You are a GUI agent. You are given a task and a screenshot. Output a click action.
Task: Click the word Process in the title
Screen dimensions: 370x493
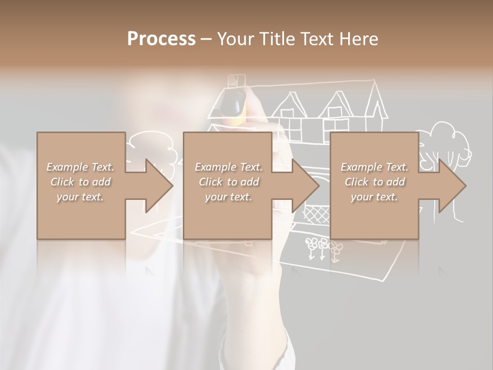(x=161, y=39)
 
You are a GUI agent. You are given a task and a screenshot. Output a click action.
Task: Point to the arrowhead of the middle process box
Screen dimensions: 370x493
(x=307, y=186)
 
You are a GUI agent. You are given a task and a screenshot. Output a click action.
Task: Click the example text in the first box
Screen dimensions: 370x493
(x=81, y=182)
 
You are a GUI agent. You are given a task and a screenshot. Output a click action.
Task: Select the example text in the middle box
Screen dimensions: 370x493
(x=229, y=182)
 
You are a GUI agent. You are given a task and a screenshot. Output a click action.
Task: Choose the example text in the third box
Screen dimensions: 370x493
(x=374, y=182)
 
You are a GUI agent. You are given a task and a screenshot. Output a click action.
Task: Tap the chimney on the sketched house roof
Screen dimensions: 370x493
(x=237, y=81)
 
